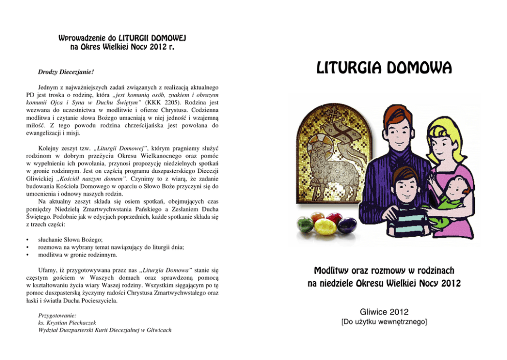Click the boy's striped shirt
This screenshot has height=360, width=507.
pos(402,220)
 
